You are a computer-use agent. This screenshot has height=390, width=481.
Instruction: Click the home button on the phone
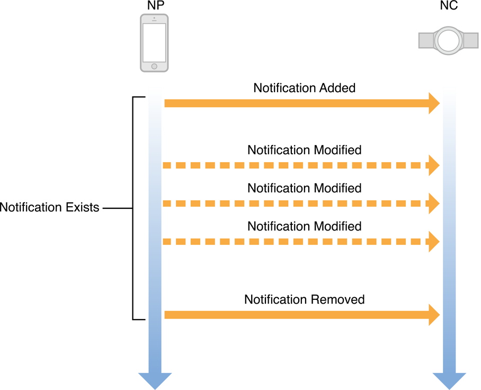pyautogui.click(x=154, y=66)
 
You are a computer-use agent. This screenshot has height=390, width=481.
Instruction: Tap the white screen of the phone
pyautogui.click(x=154, y=43)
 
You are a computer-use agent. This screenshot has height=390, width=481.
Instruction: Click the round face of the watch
pyautogui.click(x=448, y=40)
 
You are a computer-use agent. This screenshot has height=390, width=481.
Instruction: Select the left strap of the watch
pyautogui.click(x=426, y=40)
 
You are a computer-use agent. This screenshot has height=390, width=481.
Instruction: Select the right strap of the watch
pyautogui.click(x=471, y=40)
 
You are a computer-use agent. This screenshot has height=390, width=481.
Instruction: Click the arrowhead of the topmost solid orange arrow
pyautogui.click(x=434, y=103)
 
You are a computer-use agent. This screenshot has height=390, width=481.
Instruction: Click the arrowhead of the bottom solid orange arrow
pyautogui.click(x=434, y=315)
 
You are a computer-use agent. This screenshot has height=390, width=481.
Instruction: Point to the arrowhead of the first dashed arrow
pyautogui.click(x=434, y=165)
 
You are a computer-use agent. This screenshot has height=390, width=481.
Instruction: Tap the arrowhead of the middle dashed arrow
pyautogui.click(x=434, y=203)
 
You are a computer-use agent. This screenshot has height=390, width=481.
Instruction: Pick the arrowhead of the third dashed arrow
pyautogui.click(x=434, y=242)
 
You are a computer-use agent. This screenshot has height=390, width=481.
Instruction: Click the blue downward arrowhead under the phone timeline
pyautogui.click(x=155, y=380)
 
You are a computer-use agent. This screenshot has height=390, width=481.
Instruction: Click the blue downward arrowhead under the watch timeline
pyautogui.click(x=449, y=380)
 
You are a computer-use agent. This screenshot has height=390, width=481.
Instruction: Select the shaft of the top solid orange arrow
pyautogui.click(x=297, y=103)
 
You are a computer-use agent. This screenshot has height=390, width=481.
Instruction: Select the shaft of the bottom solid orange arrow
pyautogui.click(x=297, y=315)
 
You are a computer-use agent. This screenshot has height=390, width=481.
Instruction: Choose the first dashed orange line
pyautogui.click(x=297, y=165)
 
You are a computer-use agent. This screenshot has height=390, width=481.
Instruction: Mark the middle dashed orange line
pyautogui.click(x=297, y=203)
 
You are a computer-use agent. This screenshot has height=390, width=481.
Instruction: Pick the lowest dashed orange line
pyautogui.click(x=297, y=242)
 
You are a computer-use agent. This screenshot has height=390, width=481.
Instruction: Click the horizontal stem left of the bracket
pyautogui.click(x=117, y=209)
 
